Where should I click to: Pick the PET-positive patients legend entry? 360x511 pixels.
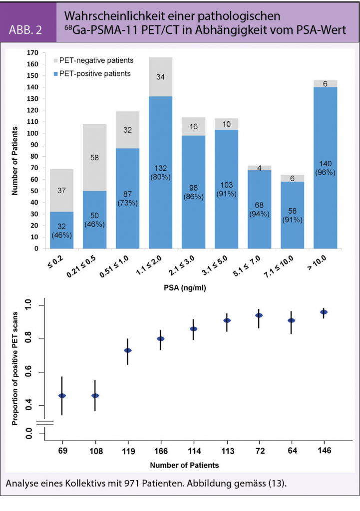(95, 74)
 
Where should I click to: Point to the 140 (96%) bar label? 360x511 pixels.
(325, 169)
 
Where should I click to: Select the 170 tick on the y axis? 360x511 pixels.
(33, 52)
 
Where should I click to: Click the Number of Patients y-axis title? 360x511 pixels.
(14, 150)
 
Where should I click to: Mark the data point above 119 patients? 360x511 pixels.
(128, 350)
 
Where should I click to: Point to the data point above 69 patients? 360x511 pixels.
(62, 396)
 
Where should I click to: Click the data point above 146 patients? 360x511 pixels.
(324, 312)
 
